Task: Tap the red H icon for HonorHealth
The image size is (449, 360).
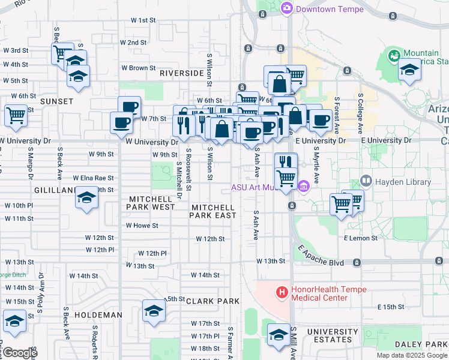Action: tap(280, 293)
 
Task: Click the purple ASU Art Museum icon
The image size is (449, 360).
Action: tap(304, 187)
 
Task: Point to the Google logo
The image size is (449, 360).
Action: tap(20, 353)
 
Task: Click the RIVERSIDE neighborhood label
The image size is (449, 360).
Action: tap(182, 73)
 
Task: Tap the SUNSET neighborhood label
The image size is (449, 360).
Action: tap(56, 102)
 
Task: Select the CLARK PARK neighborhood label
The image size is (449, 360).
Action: tap(212, 301)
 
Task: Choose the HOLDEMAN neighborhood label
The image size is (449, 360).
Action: tap(98, 314)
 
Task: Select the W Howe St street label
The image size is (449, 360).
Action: tap(142, 226)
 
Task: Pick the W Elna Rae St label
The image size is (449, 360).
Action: tap(93, 178)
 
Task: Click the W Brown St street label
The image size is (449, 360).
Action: tap(138, 68)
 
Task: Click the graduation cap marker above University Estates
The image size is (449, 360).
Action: tap(279, 335)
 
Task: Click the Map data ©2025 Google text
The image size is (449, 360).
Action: tap(411, 355)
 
